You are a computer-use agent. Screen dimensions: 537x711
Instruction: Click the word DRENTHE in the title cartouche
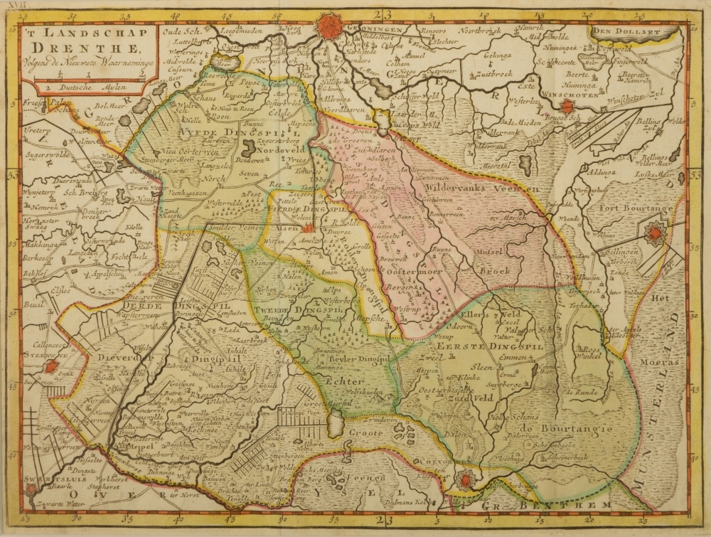coord(86,48)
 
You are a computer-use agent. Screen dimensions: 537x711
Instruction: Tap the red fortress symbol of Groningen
coord(328,26)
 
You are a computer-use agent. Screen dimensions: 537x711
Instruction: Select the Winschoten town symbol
coord(567,106)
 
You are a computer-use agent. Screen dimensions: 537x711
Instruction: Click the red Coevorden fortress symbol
coord(464,481)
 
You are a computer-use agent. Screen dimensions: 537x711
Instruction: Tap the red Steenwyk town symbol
coord(51,367)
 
